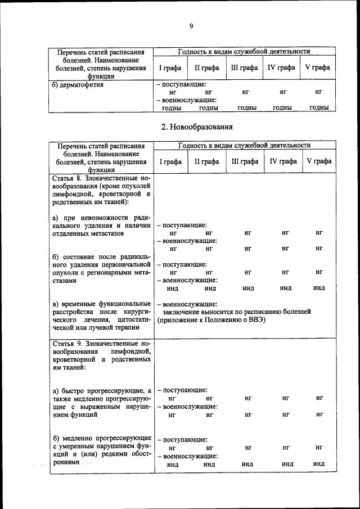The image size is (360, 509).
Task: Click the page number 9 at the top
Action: (x=191, y=26)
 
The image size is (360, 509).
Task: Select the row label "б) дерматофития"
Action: (x=76, y=85)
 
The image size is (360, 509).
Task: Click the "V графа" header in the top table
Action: (x=318, y=67)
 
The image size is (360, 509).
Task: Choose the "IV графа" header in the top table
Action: (x=281, y=67)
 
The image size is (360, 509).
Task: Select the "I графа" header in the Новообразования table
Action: (x=170, y=161)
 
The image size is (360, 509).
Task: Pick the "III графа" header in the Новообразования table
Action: (x=245, y=161)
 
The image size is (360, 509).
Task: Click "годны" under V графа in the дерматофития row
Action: (x=318, y=108)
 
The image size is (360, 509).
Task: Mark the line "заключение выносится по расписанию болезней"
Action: (x=236, y=311)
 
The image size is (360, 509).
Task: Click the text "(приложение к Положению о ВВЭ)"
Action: (x=211, y=319)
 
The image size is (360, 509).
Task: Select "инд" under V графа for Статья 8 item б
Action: (x=319, y=288)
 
